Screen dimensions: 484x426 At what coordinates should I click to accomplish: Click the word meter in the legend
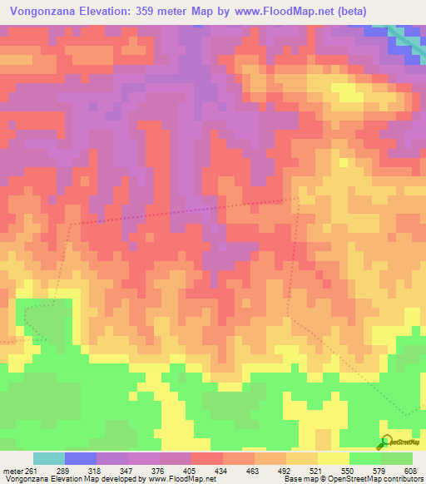(x=12, y=470)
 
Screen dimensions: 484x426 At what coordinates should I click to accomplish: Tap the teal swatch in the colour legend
(x=49, y=458)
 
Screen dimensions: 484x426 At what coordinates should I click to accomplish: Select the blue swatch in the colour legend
(x=81, y=458)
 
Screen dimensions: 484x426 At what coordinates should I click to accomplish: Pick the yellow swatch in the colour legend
(x=333, y=458)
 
